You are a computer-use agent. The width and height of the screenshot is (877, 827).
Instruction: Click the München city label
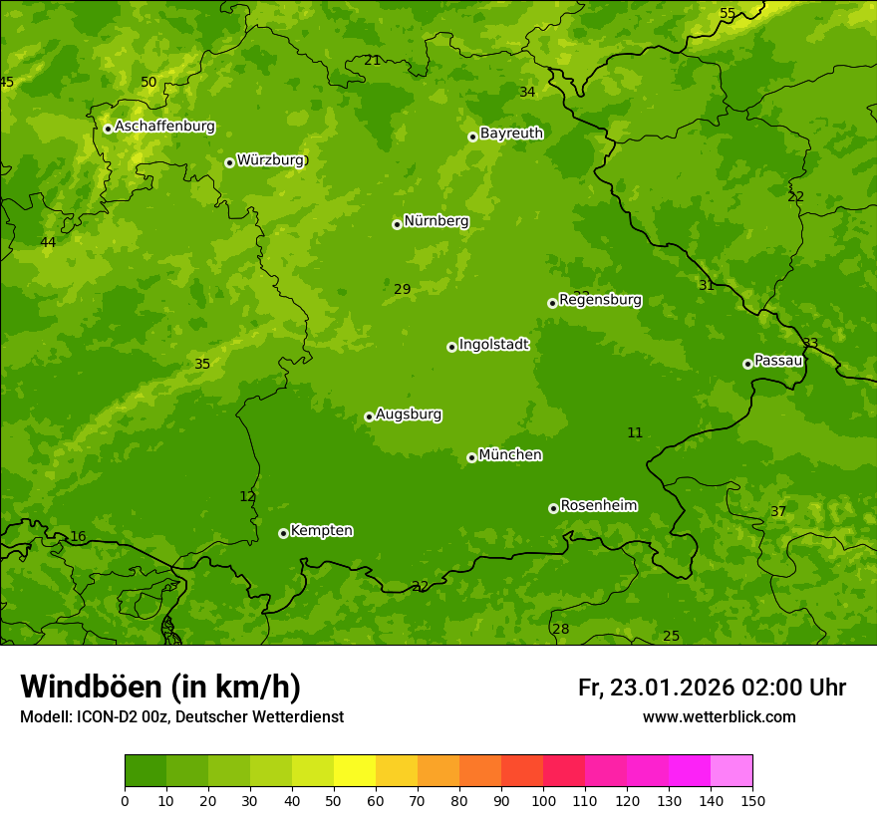click(x=510, y=455)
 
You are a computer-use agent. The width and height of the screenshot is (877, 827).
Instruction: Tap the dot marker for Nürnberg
click(x=397, y=224)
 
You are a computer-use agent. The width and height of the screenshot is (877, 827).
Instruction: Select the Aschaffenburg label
click(x=164, y=127)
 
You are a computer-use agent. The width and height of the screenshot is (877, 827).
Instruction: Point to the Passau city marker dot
click(x=747, y=364)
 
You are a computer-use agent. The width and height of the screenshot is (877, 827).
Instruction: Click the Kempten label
click(x=321, y=531)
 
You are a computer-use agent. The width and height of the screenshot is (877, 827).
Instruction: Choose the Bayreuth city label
click(x=511, y=134)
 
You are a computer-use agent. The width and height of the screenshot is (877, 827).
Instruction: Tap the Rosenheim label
click(x=598, y=506)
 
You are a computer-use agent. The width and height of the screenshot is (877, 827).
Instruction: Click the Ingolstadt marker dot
click(x=451, y=347)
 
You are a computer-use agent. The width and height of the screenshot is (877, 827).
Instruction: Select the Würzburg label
click(x=270, y=160)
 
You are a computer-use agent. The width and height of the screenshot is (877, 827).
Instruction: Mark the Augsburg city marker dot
click(x=369, y=416)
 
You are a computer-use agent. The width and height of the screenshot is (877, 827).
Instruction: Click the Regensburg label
click(x=600, y=300)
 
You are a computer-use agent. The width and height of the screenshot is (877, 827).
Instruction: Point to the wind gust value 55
click(x=728, y=13)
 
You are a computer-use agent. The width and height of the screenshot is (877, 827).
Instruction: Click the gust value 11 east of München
click(x=635, y=432)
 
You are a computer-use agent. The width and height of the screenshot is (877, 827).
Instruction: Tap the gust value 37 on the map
click(x=778, y=511)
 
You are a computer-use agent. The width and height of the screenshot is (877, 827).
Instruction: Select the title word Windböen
click(x=91, y=687)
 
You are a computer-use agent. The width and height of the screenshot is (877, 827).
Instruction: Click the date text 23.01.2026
click(x=672, y=688)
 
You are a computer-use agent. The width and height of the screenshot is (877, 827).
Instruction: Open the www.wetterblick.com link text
click(x=719, y=716)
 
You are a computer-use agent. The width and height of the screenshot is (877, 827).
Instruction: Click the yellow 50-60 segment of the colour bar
click(x=355, y=771)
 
